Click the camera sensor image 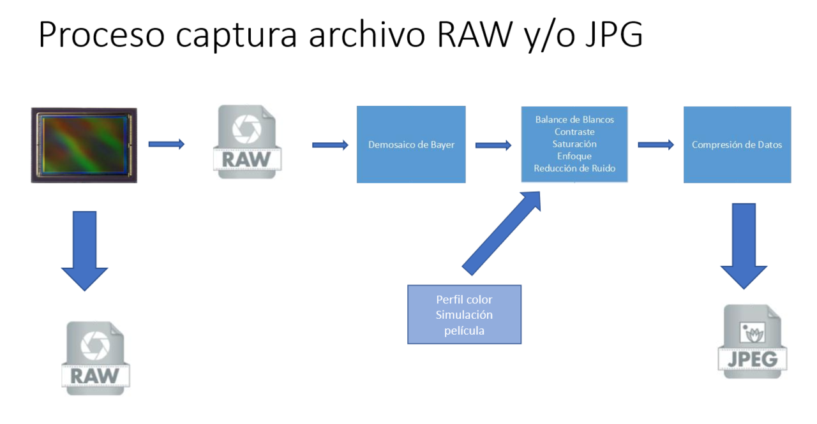pos(84,145)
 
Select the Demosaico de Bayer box pos(411,144)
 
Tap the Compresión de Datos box pos(737,145)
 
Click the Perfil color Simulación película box pos(464,314)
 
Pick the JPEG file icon pos(753,341)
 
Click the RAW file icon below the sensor pos(96,358)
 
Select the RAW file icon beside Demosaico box pos(247,142)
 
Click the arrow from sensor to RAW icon pos(167,144)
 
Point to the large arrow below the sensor pos(85,251)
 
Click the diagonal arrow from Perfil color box pos(502,233)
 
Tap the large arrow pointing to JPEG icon pos(744,246)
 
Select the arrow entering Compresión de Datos pos(656,145)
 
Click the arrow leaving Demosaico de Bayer pos(493,145)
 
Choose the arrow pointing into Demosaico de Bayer pos(330,145)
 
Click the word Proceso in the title pos(101,34)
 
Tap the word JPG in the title pos(614,34)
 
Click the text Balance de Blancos pos(574,119)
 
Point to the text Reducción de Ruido pos(574,168)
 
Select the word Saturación pos(574,144)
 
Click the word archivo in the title pos(367,34)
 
